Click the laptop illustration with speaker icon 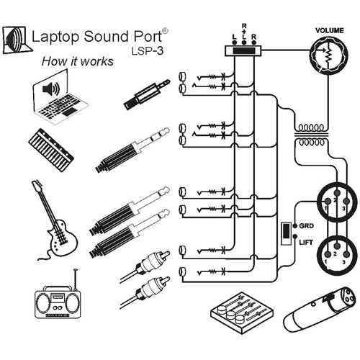tap(60, 97)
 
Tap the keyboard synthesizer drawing tap(51, 150)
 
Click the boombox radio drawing tap(58, 301)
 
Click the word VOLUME tap(329, 30)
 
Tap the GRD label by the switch tap(307, 226)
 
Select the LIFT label tap(306, 243)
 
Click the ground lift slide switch tap(286, 234)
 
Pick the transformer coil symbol tap(311, 135)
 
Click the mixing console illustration tap(242, 312)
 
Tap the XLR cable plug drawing tap(319, 309)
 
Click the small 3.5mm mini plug tap(147, 94)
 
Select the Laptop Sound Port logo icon tap(17, 40)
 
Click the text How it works tap(78, 61)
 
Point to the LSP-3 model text tap(148, 50)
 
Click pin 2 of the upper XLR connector tap(337, 192)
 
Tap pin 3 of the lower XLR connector tap(346, 255)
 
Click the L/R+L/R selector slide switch tap(243, 50)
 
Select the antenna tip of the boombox tap(76, 270)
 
